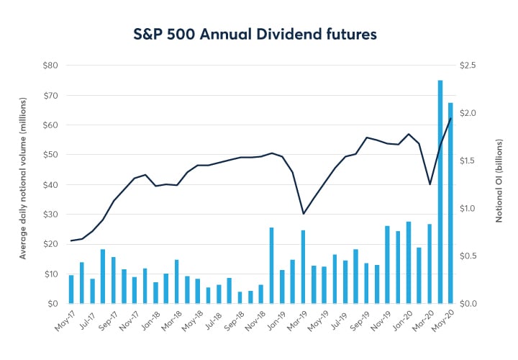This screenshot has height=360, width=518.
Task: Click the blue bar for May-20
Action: click(450, 203)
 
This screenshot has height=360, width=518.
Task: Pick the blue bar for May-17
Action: click(71, 289)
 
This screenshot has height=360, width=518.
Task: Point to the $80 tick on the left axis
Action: click(48, 66)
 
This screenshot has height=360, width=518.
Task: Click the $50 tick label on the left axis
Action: click(48, 155)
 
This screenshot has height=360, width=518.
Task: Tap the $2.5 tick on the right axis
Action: click(468, 66)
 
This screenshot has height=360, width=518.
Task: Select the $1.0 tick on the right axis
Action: click(468, 208)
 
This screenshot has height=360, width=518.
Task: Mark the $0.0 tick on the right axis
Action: click(468, 303)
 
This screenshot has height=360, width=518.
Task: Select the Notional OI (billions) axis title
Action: click(497, 181)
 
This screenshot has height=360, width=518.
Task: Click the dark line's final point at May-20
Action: click(450, 119)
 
